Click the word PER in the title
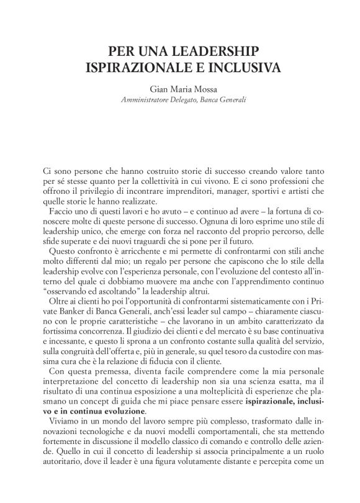[x=122, y=49]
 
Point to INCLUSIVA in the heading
[x=238, y=66]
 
